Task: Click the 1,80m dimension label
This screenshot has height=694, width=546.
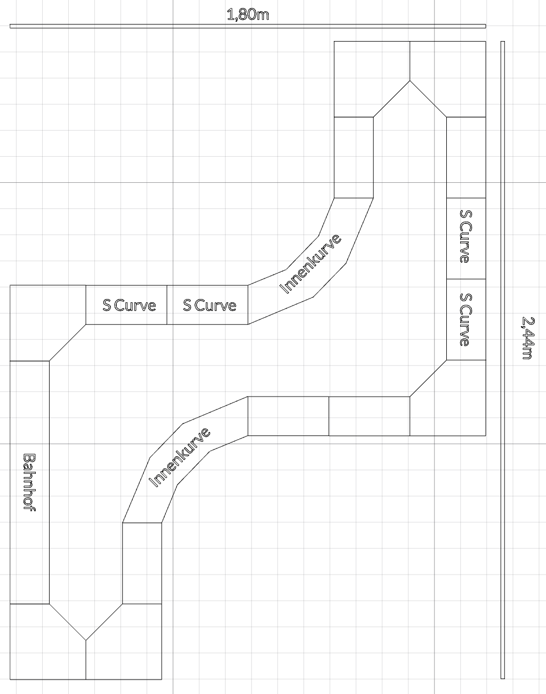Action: click(248, 14)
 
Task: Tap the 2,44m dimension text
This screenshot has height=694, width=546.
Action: click(528, 338)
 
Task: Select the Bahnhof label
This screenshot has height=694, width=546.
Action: click(29, 482)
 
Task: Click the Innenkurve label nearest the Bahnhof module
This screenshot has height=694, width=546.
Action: click(179, 457)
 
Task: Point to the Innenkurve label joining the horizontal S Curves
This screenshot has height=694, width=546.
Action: click(310, 264)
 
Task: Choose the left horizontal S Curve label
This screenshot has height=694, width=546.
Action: click(129, 305)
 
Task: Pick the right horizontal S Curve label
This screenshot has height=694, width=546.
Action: click(210, 305)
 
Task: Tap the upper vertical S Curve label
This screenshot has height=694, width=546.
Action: click(465, 236)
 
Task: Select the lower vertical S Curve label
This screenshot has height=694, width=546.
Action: click(465, 320)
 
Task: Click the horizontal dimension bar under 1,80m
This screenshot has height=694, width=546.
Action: click(248, 26)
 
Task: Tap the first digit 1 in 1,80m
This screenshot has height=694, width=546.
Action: click(230, 14)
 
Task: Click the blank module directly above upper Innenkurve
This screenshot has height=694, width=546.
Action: click(354, 157)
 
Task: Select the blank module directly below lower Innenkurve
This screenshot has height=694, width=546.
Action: click(142, 563)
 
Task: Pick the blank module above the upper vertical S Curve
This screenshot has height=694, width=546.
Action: click(466, 157)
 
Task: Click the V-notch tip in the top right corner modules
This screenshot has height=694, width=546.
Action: click(410, 80)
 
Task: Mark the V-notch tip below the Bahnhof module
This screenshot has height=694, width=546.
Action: click(86, 640)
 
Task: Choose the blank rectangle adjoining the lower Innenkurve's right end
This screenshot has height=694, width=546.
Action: click(288, 416)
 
